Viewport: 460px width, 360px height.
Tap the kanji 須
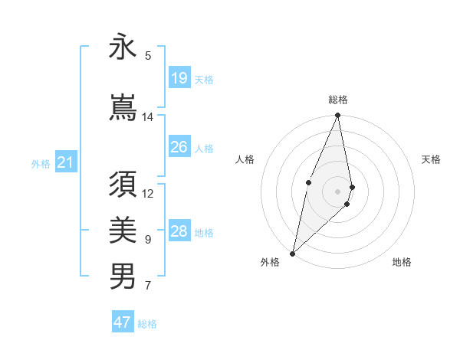(123, 186)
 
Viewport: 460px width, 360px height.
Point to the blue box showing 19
(179, 78)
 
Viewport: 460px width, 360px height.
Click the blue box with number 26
(179, 147)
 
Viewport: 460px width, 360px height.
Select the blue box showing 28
(179, 231)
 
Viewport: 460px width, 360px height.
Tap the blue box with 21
(65, 162)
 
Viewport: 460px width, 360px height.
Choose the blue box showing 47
(123, 322)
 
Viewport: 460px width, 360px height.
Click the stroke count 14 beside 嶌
(147, 117)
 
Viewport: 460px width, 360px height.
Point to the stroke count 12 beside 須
(148, 194)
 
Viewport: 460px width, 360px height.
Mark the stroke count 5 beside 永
(148, 55)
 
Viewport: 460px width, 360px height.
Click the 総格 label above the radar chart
(338, 100)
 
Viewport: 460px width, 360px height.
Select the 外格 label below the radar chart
(270, 263)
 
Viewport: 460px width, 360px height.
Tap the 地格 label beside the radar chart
(402, 263)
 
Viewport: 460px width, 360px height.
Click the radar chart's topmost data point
(338, 116)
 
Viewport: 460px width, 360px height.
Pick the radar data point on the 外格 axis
(293, 253)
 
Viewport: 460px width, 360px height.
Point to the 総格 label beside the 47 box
(147, 324)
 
